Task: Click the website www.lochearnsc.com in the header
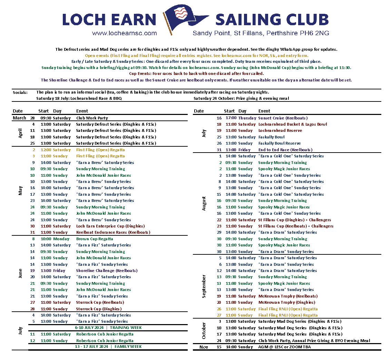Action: [x=124, y=33]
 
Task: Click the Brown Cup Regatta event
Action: [x=95, y=239]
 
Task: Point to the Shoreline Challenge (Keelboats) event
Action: [x=107, y=271]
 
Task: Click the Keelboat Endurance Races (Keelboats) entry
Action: [x=113, y=232]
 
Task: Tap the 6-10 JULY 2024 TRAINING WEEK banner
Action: [x=108, y=328]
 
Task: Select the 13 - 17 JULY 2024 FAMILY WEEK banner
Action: [x=108, y=347]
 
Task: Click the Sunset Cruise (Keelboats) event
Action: [x=283, y=118]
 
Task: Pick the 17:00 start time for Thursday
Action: [x=231, y=118]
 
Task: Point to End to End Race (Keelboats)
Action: [x=285, y=150]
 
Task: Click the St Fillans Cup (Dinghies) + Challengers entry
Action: [x=295, y=220]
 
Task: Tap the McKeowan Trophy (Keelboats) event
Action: [x=288, y=296]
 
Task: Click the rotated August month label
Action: [x=204, y=204]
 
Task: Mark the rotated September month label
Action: [x=204, y=286]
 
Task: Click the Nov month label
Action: [x=204, y=347]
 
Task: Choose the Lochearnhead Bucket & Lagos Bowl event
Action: [x=293, y=124]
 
